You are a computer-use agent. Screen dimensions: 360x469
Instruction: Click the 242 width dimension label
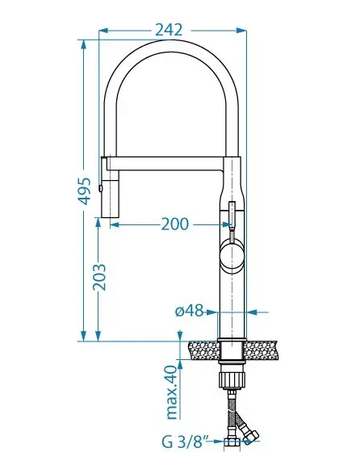pyautogui.click(x=169, y=30)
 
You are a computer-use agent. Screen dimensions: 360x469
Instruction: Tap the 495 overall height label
pyautogui.click(x=84, y=191)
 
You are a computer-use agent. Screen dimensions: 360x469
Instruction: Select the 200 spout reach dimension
pyautogui.click(x=175, y=224)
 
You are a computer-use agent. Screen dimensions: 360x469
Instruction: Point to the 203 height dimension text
pyautogui.click(x=99, y=277)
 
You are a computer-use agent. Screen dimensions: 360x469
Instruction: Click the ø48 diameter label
pyautogui.click(x=189, y=311)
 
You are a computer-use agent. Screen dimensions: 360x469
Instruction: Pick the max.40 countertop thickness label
pyautogui.click(x=173, y=392)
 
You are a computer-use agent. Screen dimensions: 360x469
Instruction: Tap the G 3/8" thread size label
pyautogui.click(x=186, y=442)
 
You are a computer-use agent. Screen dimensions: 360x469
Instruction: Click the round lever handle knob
pyautogui.click(x=232, y=254)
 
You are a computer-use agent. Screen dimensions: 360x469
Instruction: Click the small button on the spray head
pyautogui.click(x=101, y=188)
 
